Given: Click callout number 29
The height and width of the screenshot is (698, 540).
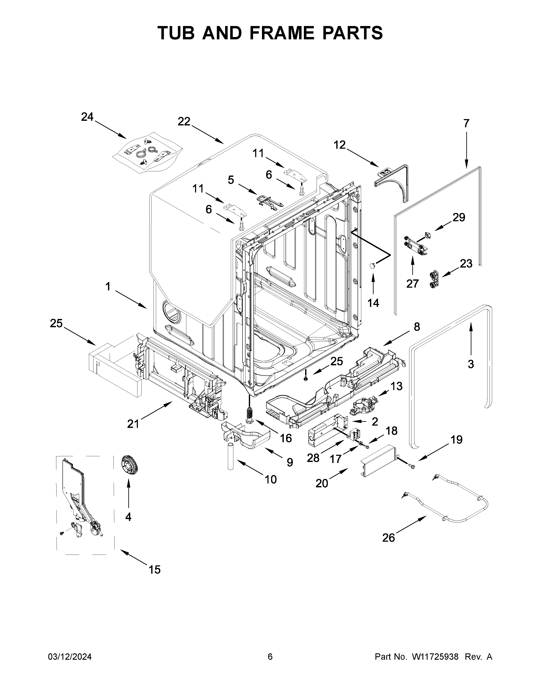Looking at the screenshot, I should pyautogui.click(x=458, y=217).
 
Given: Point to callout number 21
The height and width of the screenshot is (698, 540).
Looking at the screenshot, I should pyautogui.click(x=133, y=424).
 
